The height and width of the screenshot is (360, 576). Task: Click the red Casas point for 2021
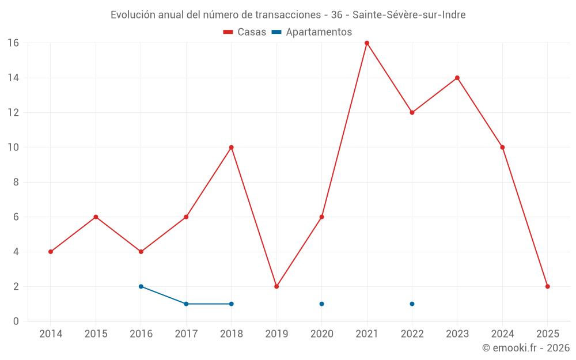coord(367,43)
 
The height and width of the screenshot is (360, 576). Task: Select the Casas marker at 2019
coord(276,286)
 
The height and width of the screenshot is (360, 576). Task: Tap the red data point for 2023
coord(457,78)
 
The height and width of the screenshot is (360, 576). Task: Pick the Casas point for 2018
coord(231,147)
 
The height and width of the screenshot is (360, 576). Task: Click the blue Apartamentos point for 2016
coord(141,286)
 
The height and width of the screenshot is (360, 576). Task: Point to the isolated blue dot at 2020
coord(321,304)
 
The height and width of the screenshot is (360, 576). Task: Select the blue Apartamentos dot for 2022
coord(412,304)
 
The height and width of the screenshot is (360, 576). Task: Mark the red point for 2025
coord(548,286)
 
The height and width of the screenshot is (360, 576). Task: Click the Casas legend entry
coord(245,32)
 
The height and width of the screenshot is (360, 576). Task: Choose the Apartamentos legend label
coord(319,32)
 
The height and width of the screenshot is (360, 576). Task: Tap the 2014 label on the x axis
coord(51,334)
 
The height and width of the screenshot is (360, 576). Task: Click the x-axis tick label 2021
coord(367,334)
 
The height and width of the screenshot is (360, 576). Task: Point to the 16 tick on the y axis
coord(13,43)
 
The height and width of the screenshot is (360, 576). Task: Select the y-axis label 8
coord(16,182)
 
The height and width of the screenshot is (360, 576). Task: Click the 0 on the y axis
coord(16,321)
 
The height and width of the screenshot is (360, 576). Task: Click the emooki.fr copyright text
coord(525,348)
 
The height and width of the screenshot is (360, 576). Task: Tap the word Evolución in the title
coord(131,15)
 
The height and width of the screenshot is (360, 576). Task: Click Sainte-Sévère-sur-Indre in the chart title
coord(410,15)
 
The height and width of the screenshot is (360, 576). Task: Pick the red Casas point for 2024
coord(502,147)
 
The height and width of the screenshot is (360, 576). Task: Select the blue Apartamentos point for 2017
coord(186,304)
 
